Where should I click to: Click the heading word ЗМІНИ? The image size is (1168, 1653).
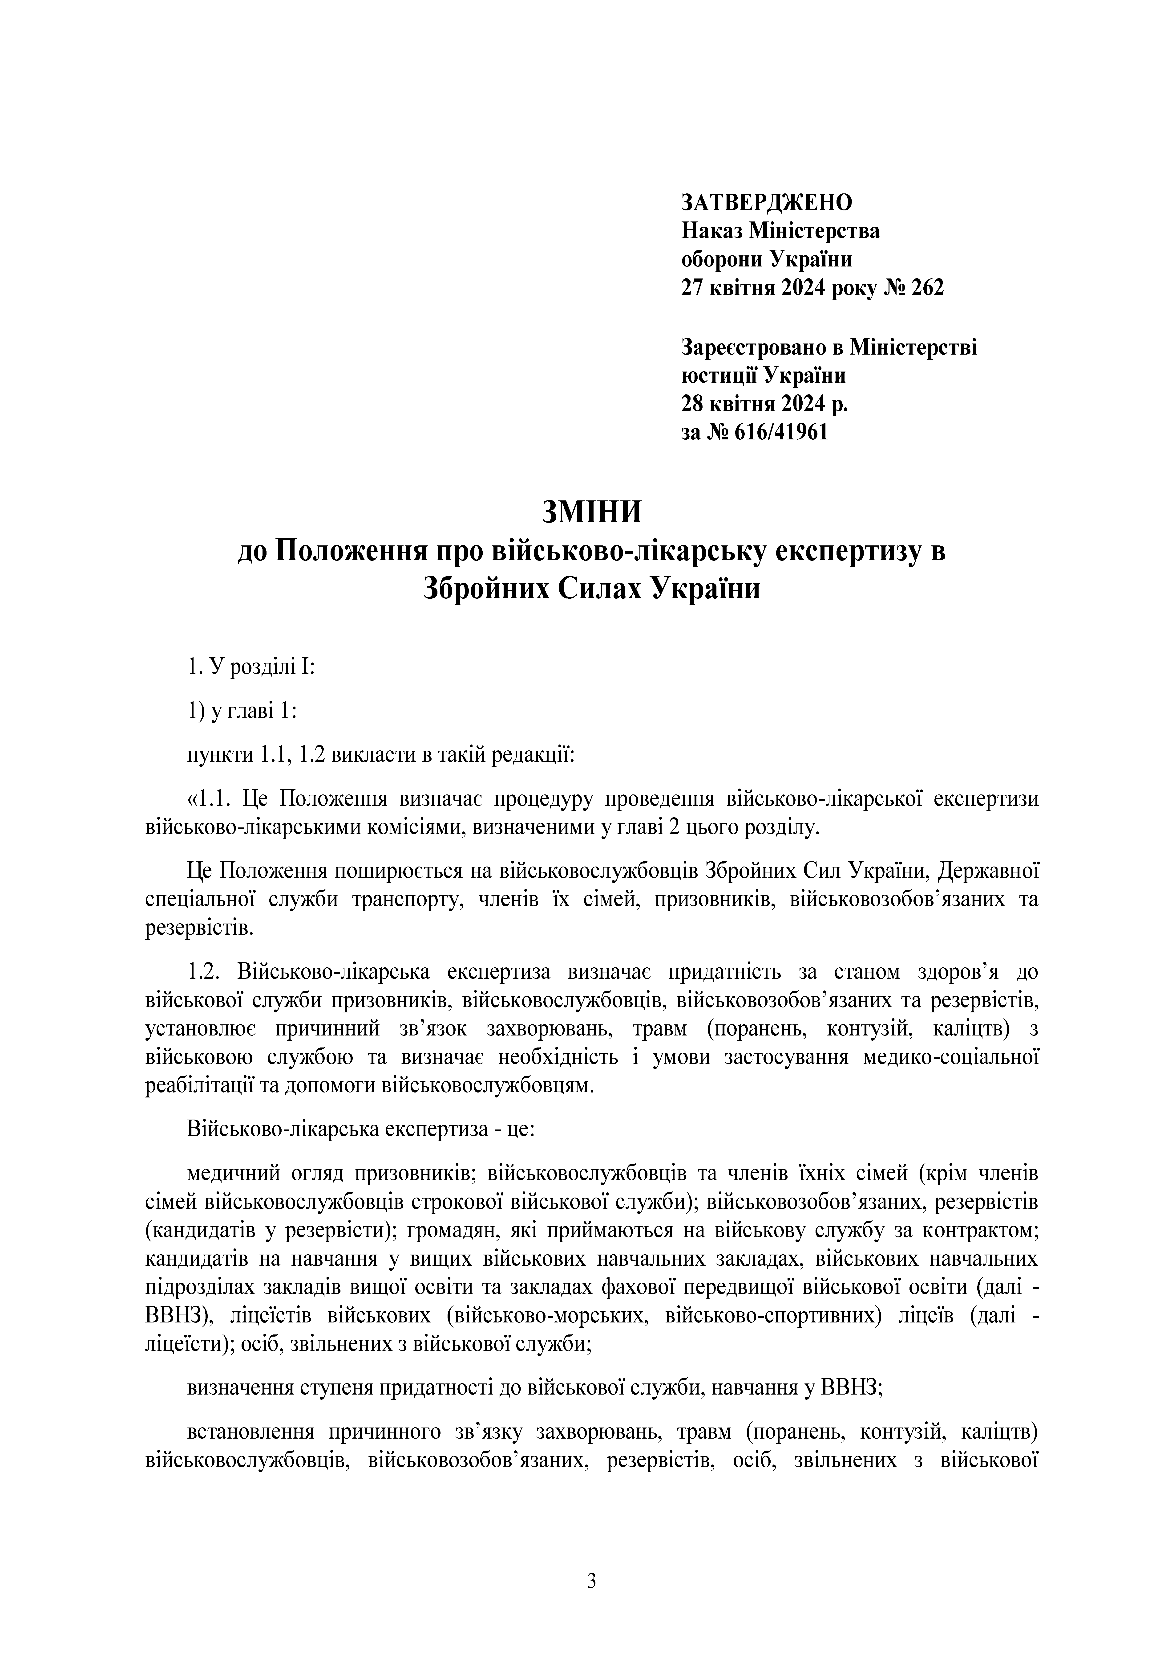[591, 513]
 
